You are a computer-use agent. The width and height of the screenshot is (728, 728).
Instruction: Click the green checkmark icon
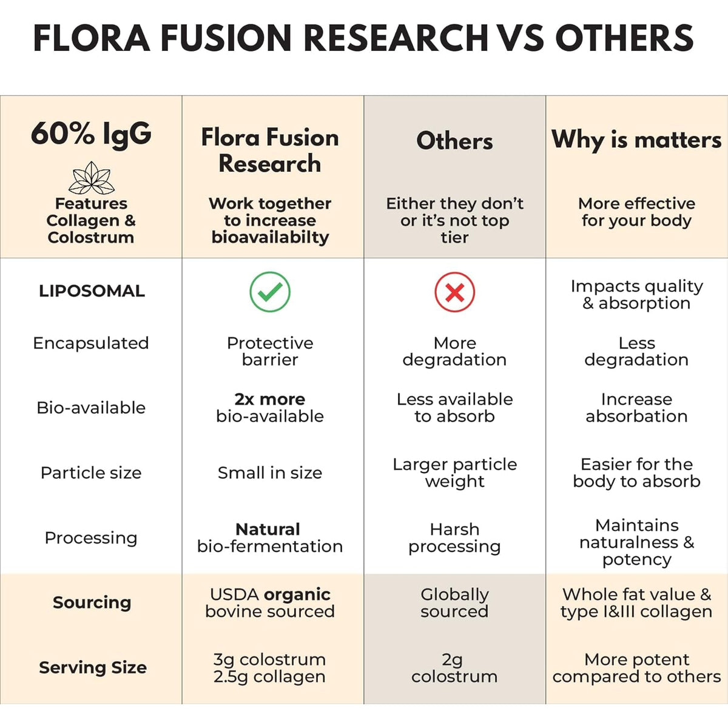click(270, 292)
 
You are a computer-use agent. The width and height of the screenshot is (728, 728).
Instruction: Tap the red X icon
click(454, 292)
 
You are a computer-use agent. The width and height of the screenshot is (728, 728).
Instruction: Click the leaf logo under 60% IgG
click(92, 178)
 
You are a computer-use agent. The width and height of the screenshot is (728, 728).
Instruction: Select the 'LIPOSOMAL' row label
click(92, 291)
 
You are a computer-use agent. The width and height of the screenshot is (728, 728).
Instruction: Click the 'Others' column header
click(454, 141)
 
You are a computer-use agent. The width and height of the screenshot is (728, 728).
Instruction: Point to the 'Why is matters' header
click(636, 140)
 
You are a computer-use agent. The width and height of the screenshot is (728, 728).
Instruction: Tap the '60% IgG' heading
click(91, 133)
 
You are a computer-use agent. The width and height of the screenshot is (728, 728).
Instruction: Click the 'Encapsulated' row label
click(91, 343)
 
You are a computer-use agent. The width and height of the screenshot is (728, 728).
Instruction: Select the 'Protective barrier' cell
click(270, 351)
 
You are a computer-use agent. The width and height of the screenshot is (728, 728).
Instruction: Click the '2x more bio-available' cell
click(270, 408)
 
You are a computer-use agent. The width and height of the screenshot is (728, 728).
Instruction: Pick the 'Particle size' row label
click(91, 473)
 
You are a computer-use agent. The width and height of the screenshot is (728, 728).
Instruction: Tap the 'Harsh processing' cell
click(454, 538)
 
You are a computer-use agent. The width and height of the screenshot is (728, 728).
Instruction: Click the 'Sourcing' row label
click(92, 602)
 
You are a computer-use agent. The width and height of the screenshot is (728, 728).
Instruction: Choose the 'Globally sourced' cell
click(454, 603)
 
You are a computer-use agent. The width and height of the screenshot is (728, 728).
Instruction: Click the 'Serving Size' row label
click(93, 667)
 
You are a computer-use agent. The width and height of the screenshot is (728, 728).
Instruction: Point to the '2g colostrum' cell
click(454, 668)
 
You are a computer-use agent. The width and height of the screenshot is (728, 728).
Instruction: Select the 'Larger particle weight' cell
click(454, 473)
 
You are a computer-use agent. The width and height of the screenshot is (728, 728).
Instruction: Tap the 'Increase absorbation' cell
click(636, 408)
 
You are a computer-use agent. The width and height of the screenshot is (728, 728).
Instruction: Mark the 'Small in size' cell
click(270, 473)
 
